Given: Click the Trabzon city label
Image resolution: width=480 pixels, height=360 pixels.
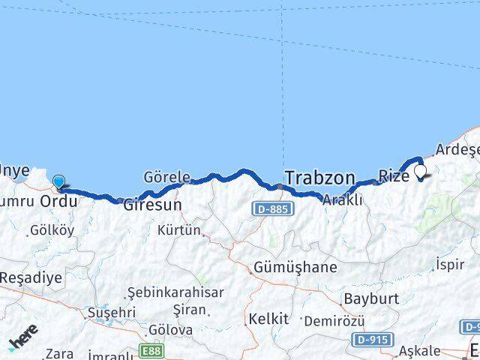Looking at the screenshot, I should click(x=319, y=178).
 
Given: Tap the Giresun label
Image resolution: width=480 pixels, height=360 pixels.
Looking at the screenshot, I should click(x=152, y=203).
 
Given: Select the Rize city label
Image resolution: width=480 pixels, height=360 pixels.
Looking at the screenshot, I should click(x=394, y=176).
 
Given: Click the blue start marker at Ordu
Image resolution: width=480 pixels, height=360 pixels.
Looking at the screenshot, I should click(x=58, y=181).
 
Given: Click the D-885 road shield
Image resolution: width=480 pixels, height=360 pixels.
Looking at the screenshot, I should click(x=270, y=208).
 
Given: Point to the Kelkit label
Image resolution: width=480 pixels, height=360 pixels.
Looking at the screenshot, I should click(x=268, y=319).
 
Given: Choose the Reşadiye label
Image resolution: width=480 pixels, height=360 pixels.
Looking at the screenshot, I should click(x=31, y=277).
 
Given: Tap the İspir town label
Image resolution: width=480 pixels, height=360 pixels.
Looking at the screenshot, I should click(x=454, y=263).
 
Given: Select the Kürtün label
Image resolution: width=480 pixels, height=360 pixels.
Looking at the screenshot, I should click(x=178, y=230).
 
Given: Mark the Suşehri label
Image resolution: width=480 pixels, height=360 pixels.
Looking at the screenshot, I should click(x=112, y=311).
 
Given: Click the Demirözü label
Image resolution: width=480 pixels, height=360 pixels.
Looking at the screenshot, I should click(x=334, y=321).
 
